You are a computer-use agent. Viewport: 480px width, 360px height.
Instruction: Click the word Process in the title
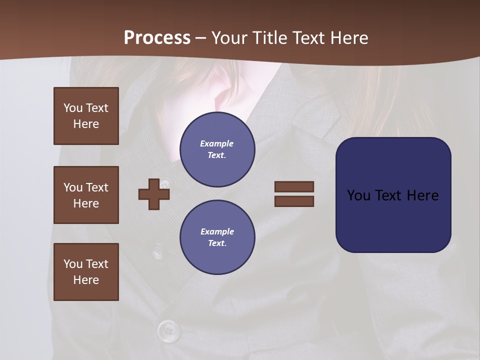tap(157, 38)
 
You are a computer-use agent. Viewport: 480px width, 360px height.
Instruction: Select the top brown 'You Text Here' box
tap(86, 116)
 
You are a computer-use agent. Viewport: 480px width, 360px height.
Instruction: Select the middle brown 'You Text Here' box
tap(86, 195)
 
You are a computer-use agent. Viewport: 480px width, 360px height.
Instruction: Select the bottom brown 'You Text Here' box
tap(86, 272)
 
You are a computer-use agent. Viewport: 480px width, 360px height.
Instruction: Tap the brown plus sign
tap(154, 194)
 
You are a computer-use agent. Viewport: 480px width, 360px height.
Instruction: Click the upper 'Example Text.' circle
tap(217, 149)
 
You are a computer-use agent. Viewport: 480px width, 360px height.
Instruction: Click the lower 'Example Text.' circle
tap(217, 237)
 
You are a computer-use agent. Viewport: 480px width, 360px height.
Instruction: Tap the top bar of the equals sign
tap(294, 186)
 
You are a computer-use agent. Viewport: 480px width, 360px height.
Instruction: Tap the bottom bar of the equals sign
tap(294, 201)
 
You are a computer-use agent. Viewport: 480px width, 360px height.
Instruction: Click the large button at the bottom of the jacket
tap(168, 330)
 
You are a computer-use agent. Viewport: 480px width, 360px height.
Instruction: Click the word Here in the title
tap(348, 38)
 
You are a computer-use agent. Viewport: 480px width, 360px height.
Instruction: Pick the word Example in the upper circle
tap(217, 143)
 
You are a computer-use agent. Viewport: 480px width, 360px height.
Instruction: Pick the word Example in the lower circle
tap(217, 231)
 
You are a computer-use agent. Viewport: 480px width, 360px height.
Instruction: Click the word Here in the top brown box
tap(86, 124)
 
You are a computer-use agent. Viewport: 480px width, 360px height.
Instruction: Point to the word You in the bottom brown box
tap(72, 263)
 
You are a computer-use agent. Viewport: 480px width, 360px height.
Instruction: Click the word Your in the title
tap(229, 38)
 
